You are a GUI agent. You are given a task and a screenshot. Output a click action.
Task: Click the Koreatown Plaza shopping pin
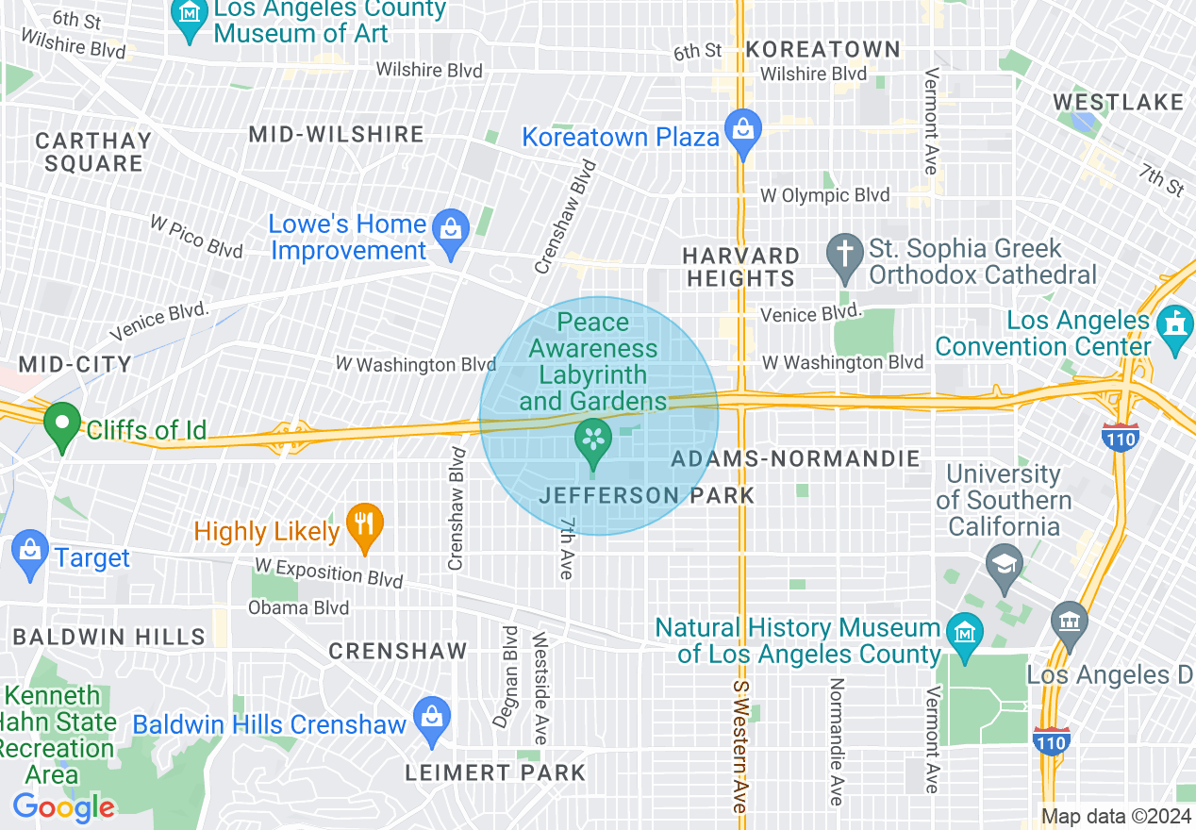coord(743,133)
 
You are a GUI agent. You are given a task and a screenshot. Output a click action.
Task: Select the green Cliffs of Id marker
coord(63,425)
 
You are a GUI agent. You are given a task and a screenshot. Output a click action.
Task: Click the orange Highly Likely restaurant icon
coord(364,526)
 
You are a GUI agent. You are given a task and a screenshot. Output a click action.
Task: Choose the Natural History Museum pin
coord(964,635)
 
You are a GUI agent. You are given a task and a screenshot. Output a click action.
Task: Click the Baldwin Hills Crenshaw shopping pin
coord(432,721)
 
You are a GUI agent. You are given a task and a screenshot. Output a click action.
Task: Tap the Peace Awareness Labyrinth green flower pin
coord(593,442)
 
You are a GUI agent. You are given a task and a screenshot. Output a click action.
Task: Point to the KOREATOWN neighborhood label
coord(822,49)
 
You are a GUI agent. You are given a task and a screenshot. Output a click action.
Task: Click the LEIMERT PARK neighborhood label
coord(495,773)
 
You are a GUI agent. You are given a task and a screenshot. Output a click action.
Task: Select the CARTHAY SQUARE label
coord(93,152)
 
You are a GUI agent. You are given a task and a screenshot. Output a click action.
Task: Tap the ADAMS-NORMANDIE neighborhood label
coord(795,459)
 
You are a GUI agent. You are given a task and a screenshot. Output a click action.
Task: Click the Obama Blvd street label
coord(298,607)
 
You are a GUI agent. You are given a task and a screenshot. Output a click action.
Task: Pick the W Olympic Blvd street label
coord(825,196)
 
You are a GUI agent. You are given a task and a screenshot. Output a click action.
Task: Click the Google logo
coord(63,807)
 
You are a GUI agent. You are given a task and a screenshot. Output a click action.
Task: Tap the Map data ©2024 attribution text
coord(1116,817)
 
